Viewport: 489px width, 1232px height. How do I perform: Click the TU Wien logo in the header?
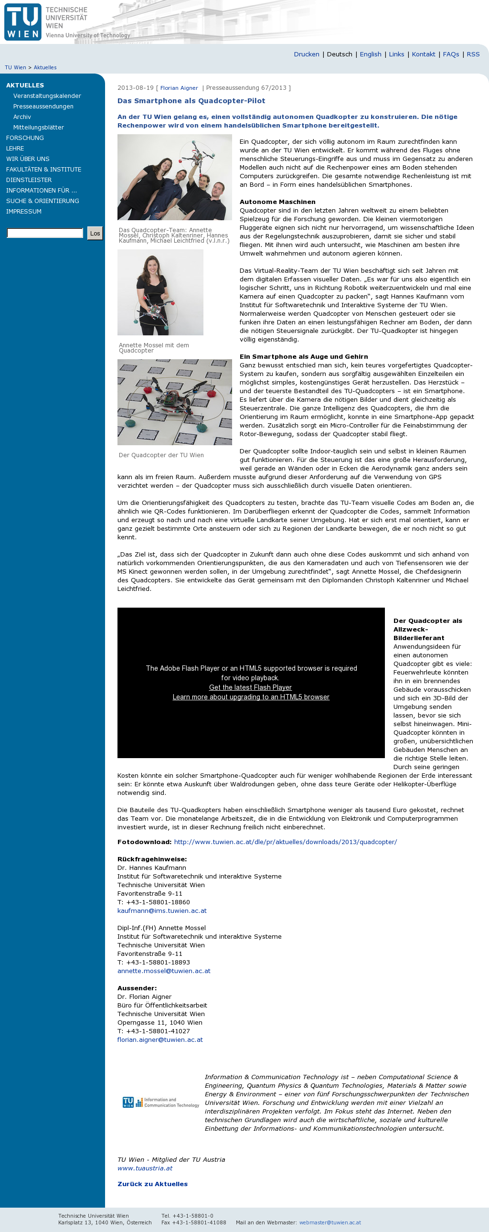(23, 22)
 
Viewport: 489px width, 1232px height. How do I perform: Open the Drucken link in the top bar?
(307, 54)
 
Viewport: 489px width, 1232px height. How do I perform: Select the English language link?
(371, 54)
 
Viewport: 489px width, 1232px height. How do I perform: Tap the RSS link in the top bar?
(473, 54)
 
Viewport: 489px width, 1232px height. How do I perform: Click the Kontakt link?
(424, 54)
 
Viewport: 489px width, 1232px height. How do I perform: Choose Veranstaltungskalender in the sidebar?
(47, 96)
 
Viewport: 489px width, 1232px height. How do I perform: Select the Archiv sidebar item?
(22, 117)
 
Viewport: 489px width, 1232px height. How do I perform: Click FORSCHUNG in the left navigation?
(25, 138)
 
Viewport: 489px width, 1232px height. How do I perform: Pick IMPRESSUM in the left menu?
(24, 212)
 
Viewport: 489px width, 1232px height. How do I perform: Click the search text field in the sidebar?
(45, 234)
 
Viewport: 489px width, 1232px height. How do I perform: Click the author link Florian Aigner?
(179, 88)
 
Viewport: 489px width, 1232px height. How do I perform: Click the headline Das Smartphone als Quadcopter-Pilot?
(191, 101)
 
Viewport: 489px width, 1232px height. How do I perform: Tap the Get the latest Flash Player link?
(250, 687)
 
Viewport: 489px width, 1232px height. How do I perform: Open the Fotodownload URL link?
(286, 842)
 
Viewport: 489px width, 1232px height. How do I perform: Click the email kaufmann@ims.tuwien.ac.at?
(162, 911)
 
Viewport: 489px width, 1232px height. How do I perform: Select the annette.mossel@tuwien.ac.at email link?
(164, 971)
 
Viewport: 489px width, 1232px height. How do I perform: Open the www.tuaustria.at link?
(145, 1168)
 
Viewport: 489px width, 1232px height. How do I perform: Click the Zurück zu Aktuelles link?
(152, 1184)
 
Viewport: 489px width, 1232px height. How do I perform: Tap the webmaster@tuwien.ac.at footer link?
(330, 1222)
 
